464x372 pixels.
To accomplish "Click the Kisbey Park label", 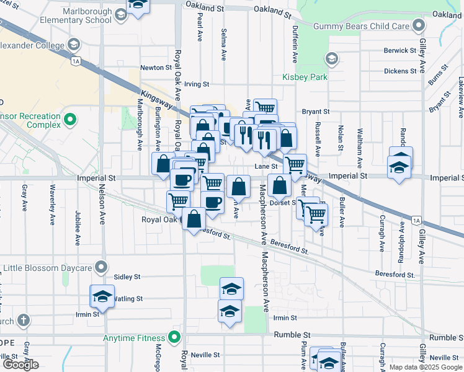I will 300,77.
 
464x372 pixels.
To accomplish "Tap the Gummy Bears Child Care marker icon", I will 419,26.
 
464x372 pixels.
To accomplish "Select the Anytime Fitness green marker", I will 174,338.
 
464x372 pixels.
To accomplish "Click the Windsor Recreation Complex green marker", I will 69,119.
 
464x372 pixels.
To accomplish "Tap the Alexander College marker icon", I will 74,45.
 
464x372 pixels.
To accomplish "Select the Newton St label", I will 156,68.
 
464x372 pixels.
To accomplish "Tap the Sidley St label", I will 127,277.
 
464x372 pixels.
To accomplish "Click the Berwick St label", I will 399,51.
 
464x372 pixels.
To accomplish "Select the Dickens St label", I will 399,71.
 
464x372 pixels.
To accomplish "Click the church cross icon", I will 23,321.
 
